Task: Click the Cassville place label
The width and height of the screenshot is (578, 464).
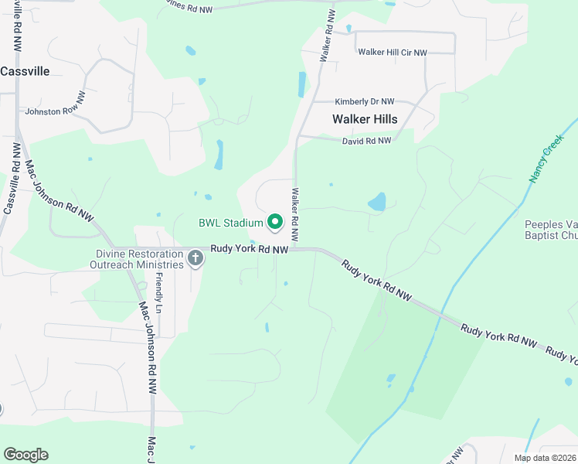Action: point(25,71)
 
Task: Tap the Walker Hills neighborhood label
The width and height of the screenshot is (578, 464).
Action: point(365,119)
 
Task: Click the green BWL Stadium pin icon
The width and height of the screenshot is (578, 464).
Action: point(274,223)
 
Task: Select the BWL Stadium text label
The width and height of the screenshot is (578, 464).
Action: point(231,223)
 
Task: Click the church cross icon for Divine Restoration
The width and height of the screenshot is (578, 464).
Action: point(195,258)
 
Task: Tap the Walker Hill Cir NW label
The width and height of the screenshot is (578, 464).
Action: point(392,53)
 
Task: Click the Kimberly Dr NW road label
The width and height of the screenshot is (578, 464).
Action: point(364,101)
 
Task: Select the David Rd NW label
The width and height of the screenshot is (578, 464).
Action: point(366,141)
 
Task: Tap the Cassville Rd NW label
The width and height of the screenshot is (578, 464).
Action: point(13,178)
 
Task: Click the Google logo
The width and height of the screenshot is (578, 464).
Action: point(25,455)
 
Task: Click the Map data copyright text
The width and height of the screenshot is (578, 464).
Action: point(546,458)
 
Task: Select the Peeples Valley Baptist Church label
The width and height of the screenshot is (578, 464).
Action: point(551,230)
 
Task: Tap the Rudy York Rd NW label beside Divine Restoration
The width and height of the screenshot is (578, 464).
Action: point(250,249)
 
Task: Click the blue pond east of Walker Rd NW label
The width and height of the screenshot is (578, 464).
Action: point(377,203)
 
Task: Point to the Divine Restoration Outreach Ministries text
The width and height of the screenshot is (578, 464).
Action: point(140,258)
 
